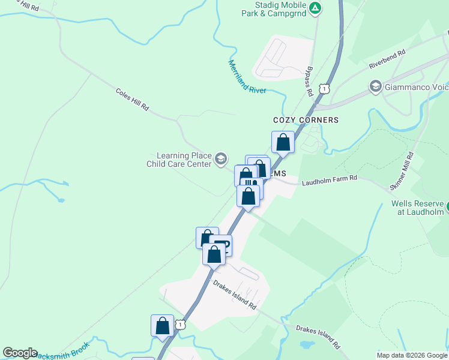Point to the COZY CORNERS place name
pyautogui.click(x=306, y=120)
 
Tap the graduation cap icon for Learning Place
pyautogui.click(x=220, y=159)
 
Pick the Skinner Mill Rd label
pyautogui.click(x=402, y=172)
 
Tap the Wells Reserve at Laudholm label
pyautogui.click(x=418, y=207)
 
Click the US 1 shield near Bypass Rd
pyautogui.click(x=324, y=88)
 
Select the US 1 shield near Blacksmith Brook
pyautogui.click(x=180, y=324)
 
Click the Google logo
pyautogui.click(x=20, y=353)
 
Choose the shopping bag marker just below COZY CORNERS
pyautogui.click(x=283, y=143)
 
